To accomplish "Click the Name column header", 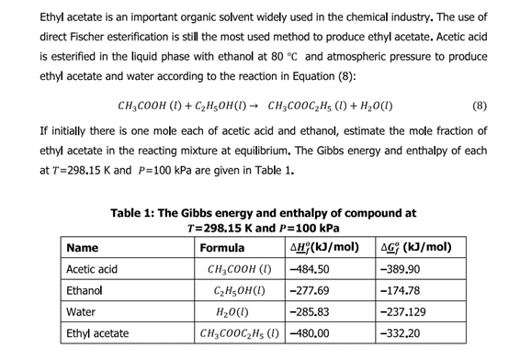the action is point(83,248).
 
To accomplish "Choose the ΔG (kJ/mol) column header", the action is point(415,248).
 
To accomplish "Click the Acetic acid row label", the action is point(92,269).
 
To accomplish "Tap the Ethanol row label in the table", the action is point(85,290).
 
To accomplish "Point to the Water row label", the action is point(81,311).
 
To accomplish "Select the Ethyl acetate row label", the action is point(97,332).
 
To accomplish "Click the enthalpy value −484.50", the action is point(309,269).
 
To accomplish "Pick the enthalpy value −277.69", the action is point(309,290).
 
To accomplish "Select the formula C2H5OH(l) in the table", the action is point(239,290).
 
